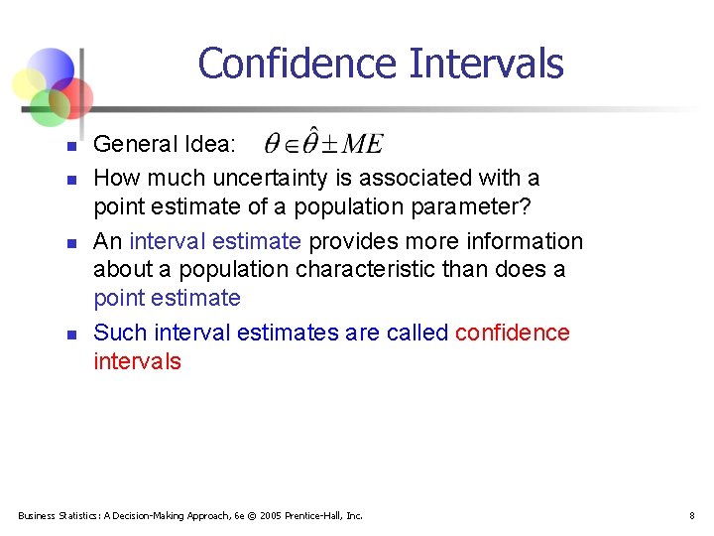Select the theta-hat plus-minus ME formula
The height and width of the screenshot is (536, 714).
click(x=323, y=144)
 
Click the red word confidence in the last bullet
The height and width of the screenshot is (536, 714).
click(x=512, y=333)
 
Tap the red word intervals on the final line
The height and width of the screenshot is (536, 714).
click(x=137, y=361)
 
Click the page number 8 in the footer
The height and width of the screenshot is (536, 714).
click(x=691, y=515)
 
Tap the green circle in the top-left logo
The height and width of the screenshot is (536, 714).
click(x=48, y=106)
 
